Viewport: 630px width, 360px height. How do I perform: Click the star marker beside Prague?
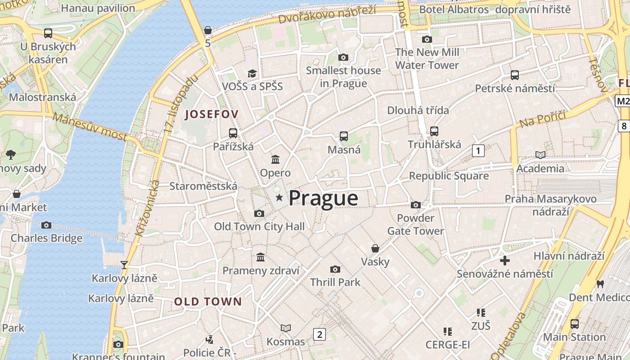[x=279, y=197]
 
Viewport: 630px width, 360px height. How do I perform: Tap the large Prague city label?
[x=323, y=198]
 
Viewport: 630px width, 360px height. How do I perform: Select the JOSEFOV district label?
[x=211, y=114]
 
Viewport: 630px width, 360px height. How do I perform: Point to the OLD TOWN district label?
[x=208, y=301]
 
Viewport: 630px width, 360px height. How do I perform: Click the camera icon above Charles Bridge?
[x=46, y=225]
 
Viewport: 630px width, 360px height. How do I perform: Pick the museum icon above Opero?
[x=275, y=159]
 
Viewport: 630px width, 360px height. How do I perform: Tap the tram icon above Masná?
[x=344, y=136]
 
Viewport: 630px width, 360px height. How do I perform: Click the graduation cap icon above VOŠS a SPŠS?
[x=252, y=73]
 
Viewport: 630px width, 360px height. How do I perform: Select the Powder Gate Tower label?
[x=415, y=225]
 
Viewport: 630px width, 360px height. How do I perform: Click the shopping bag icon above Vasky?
[x=375, y=248]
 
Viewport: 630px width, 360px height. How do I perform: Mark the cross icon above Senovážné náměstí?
[x=505, y=261]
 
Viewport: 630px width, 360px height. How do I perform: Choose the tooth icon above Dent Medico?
[x=599, y=284]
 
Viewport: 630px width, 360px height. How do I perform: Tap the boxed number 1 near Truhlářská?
[x=478, y=151]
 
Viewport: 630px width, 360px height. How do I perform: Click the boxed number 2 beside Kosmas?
[x=319, y=334]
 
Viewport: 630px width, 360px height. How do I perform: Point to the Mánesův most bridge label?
[x=90, y=126]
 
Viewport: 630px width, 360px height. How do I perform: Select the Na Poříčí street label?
[x=542, y=118]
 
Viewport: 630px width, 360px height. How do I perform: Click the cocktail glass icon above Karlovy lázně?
[x=124, y=265]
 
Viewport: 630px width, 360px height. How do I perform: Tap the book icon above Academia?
[x=540, y=155]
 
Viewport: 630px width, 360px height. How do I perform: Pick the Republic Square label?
[x=449, y=176]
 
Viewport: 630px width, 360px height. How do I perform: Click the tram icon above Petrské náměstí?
[x=515, y=75]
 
